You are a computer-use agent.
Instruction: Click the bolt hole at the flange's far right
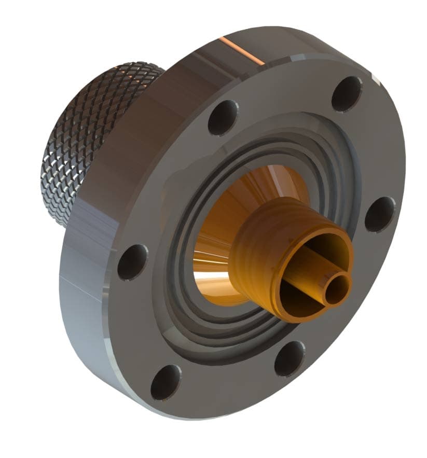coord(379,214)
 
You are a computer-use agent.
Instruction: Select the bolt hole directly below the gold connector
coord(289,358)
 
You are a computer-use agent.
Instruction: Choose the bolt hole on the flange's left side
coord(132,262)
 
